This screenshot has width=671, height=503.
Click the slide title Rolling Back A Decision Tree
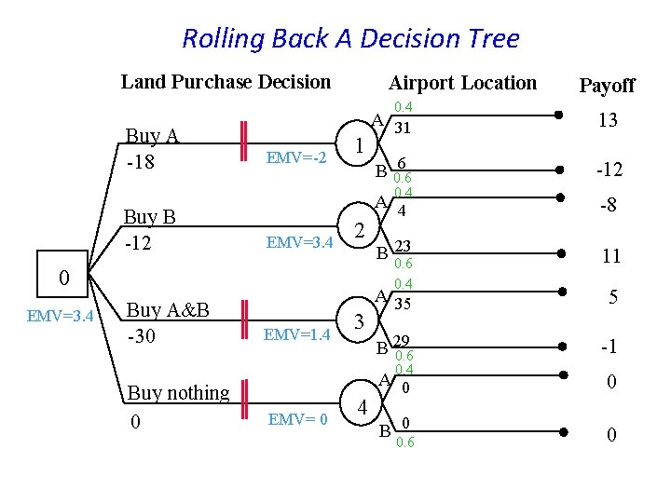(350, 39)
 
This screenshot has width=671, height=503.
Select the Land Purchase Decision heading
(226, 82)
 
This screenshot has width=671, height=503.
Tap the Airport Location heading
(462, 83)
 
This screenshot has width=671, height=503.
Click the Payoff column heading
(607, 86)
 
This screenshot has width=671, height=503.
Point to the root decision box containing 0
(63, 278)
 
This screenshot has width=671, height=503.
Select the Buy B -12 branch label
(150, 230)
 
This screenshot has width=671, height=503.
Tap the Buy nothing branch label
(178, 392)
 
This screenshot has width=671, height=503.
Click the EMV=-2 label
(295, 158)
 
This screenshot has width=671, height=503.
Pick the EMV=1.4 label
(297, 334)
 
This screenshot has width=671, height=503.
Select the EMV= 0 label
(297, 419)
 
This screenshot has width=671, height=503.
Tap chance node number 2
(360, 230)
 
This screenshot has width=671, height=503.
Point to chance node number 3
(360, 321)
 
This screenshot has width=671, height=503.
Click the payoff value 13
(609, 120)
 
